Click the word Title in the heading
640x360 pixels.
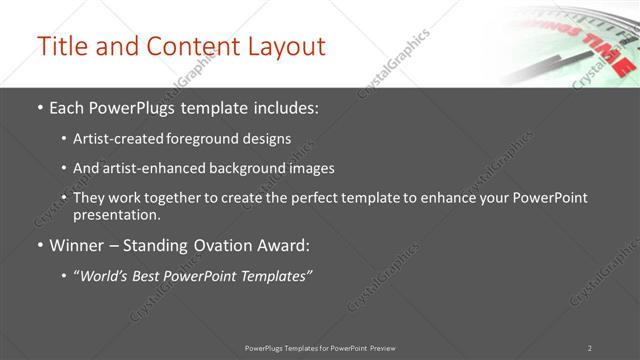[x=59, y=46]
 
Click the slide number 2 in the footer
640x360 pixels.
[x=589, y=347]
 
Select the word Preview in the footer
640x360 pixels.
[x=382, y=347]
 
